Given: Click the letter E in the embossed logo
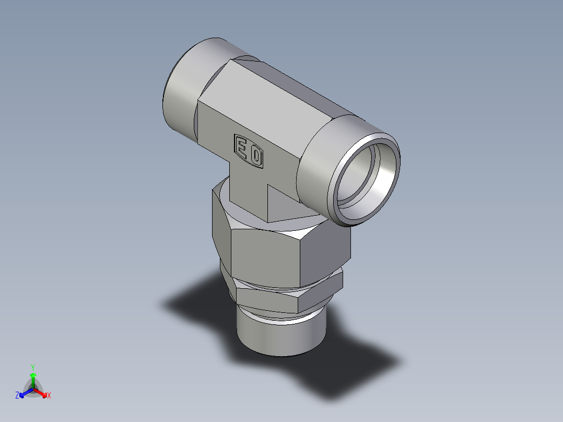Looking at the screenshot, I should (242, 147).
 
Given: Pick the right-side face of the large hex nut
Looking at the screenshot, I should (326, 251).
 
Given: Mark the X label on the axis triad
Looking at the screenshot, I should (49, 396).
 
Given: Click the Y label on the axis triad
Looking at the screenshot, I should (32, 367).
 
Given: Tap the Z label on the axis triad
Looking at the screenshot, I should (17, 396).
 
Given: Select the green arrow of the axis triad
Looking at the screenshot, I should (33, 379).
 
